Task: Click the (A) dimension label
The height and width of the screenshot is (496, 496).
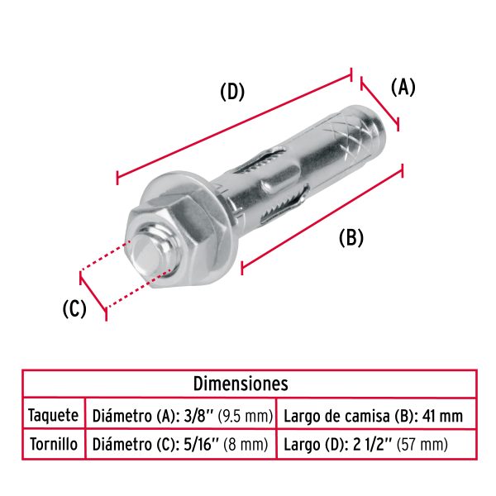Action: point(403,87)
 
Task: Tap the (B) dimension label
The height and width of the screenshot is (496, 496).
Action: point(351,237)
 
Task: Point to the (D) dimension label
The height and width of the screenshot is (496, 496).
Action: point(232,92)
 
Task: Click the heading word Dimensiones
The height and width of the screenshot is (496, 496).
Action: point(241,383)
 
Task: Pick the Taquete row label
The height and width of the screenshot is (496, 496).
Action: point(53,414)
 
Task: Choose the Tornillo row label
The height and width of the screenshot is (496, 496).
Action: point(53,444)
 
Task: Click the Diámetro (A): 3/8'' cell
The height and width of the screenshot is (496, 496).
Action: point(183,414)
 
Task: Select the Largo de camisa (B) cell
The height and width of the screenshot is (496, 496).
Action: point(373,414)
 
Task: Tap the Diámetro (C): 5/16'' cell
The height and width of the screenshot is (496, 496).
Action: point(180,444)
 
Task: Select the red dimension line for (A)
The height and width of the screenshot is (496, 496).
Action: point(380,103)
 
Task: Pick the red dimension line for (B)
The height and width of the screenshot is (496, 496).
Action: point(322,217)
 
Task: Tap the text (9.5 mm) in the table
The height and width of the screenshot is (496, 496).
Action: point(246,414)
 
